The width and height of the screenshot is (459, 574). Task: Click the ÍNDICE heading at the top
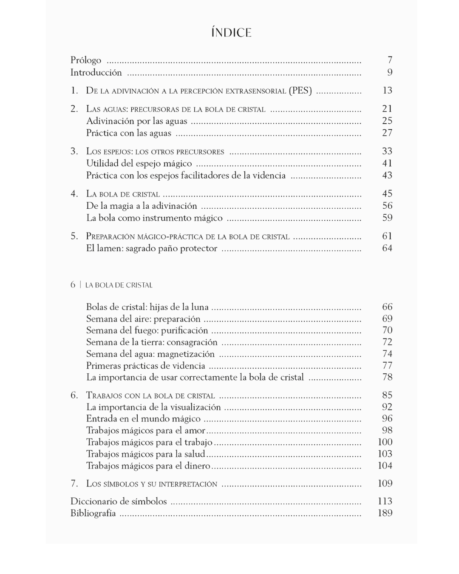[x=231, y=33]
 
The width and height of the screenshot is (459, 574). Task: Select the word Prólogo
[x=86, y=60]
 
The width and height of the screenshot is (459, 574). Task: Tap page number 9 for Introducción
[x=390, y=72]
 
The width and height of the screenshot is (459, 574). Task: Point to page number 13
[x=387, y=91]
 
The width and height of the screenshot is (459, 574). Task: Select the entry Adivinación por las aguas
[x=136, y=121]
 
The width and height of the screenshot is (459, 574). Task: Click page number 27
[x=387, y=133]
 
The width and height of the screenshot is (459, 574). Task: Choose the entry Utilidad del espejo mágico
[x=139, y=164]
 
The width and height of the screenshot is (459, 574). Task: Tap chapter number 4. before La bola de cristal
[x=74, y=194]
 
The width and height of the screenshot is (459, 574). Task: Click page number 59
[x=387, y=218]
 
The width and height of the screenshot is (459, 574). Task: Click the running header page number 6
[x=73, y=285]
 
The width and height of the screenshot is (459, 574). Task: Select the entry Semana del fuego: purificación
[x=147, y=331]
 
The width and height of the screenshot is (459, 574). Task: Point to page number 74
[x=387, y=354]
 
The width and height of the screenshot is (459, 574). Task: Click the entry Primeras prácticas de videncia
[x=145, y=366]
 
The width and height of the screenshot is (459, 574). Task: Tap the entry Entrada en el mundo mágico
[x=143, y=419]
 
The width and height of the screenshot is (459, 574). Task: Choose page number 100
[x=385, y=442]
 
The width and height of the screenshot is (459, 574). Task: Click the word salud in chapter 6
[x=195, y=454]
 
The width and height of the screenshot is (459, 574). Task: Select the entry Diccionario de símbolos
[x=119, y=502]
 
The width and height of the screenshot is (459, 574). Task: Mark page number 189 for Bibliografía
[x=385, y=513]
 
